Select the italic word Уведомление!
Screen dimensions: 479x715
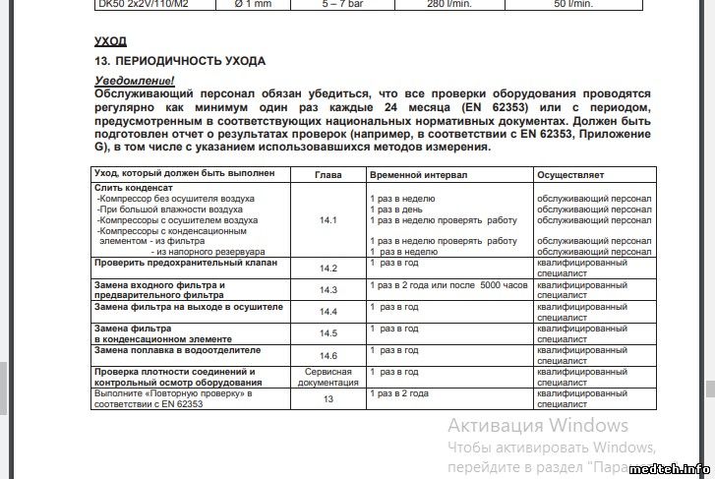pyautogui.click(x=134, y=80)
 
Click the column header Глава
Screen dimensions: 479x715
pyautogui.click(x=328, y=174)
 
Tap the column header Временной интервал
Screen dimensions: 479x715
pyautogui.click(x=418, y=174)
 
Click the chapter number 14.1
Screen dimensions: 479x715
pyautogui.click(x=328, y=220)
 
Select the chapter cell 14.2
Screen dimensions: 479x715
pyautogui.click(x=328, y=269)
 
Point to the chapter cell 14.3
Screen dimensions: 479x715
pyautogui.click(x=328, y=290)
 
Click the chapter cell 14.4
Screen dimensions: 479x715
pyautogui.click(x=328, y=312)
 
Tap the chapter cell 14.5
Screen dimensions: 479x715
pyautogui.click(x=328, y=333)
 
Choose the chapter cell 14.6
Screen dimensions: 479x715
pyautogui.click(x=328, y=355)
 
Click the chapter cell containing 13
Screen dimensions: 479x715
pyautogui.click(x=328, y=398)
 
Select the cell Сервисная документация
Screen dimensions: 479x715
pyautogui.click(x=328, y=377)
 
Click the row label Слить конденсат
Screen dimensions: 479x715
pyautogui.click(x=134, y=188)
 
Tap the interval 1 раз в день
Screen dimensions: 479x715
pyautogui.click(x=396, y=210)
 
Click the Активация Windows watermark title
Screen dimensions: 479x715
pyautogui.click(x=537, y=426)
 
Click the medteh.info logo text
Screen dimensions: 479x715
pyautogui.click(x=673, y=468)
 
